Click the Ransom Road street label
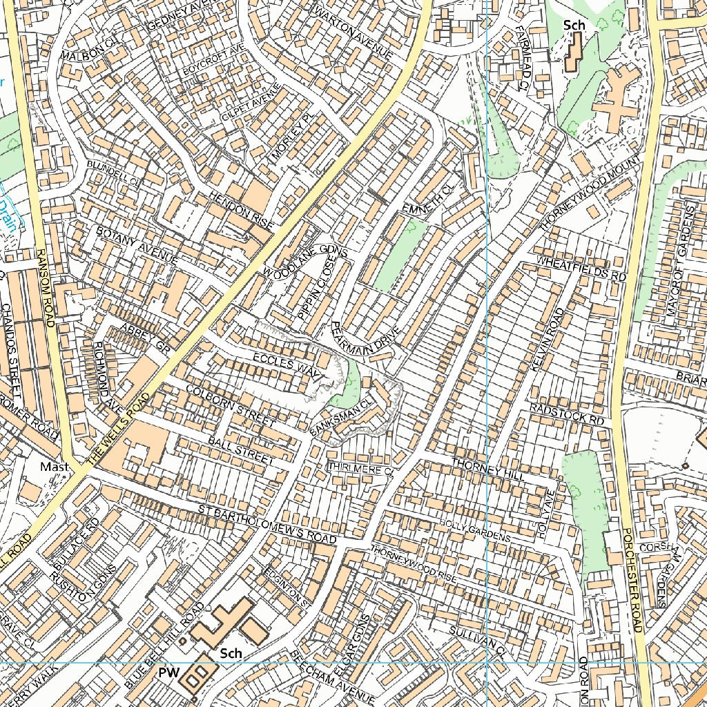point(46,287)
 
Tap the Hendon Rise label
point(242,211)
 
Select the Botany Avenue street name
point(137,246)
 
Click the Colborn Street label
point(231,405)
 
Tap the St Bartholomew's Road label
point(266,523)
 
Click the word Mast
point(54,467)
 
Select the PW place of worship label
point(169,672)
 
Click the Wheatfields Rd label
point(581,268)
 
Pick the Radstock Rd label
point(567,414)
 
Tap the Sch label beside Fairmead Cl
point(574,26)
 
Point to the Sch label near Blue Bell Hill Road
point(231,653)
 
